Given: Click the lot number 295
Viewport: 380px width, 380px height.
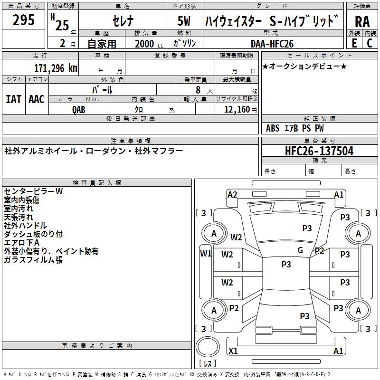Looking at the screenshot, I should [x=24, y=20].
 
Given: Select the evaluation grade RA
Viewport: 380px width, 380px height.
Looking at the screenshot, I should [x=362, y=22].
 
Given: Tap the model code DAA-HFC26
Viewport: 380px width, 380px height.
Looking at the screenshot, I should [x=272, y=44].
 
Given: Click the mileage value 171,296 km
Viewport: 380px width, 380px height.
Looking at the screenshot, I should [x=56, y=67].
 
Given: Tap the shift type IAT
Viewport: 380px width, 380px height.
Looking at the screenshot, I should [x=13, y=99].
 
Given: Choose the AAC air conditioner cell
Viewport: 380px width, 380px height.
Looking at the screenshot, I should [x=37, y=99].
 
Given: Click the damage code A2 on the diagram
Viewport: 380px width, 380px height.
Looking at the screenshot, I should [x=232, y=194].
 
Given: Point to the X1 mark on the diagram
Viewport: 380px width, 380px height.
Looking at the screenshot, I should [x=233, y=351].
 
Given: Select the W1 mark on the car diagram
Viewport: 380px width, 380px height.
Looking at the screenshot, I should [x=206, y=254].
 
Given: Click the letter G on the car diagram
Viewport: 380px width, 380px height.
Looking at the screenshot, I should [x=300, y=250].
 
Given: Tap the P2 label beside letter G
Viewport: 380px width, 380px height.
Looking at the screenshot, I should [x=319, y=251].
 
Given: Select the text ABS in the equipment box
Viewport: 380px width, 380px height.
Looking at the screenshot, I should [x=273, y=128].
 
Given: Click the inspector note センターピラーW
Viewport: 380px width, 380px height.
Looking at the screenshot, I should [x=33, y=191].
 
